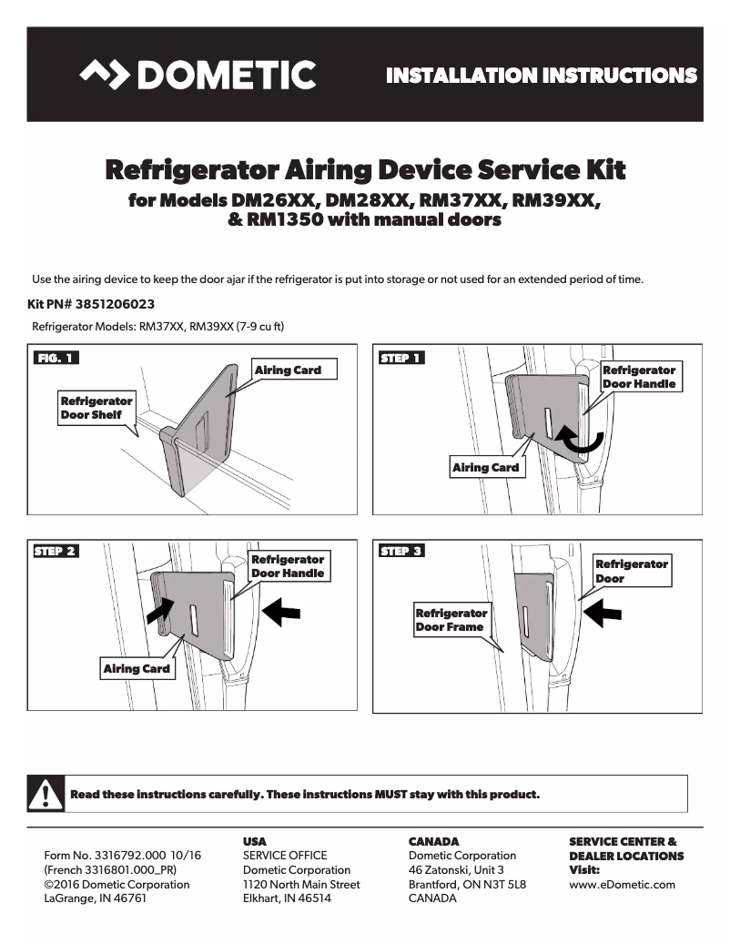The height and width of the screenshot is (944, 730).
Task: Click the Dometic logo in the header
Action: click(198, 75)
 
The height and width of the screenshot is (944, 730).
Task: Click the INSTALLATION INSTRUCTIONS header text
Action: click(542, 76)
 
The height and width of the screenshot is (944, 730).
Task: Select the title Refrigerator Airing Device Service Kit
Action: click(365, 170)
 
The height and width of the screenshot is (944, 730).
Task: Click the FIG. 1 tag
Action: click(55, 358)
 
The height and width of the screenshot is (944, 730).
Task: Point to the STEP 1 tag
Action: click(400, 358)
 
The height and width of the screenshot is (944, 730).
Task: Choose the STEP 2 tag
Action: click(56, 551)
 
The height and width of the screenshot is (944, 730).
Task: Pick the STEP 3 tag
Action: click(401, 551)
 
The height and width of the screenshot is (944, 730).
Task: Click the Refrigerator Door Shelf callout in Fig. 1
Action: click(96, 408)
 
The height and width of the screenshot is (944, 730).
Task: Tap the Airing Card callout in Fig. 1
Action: click(288, 370)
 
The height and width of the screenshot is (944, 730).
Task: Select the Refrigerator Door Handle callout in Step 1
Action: click(639, 377)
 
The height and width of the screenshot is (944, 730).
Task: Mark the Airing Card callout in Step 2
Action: click(137, 668)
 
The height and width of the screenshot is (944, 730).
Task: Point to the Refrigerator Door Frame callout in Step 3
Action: click(451, 620)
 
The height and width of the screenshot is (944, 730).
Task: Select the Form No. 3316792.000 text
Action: click(123, 856)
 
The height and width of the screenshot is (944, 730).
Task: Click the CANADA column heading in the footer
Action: click(433, 842)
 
